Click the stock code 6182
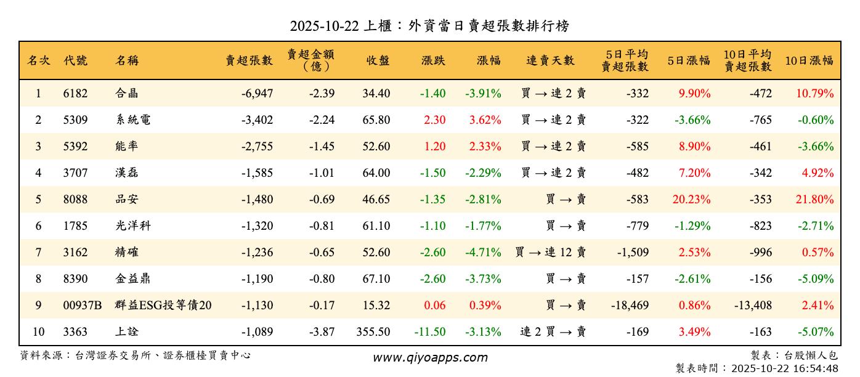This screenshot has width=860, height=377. point(75,94)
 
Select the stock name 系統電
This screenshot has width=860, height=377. point(132,120)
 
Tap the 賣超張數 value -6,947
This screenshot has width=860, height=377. point(257,94)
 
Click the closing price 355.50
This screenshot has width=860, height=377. point(373,332)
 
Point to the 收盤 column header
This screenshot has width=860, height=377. point(378,60)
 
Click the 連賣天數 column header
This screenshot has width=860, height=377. point(550,60)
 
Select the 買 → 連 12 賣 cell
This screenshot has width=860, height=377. point(550,253)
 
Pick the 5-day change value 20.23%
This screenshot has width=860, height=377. point(694,200)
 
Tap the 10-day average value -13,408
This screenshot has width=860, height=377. point(752,306)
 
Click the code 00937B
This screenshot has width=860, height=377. point(83,306)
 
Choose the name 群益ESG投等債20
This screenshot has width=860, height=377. point(164,306)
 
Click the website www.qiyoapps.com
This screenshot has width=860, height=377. point(430,357)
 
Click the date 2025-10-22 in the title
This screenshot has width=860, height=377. point(324,26)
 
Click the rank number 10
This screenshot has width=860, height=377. point(38,332)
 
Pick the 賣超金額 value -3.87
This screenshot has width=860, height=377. point(321,332)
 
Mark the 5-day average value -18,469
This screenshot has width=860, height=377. point(629,306)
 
